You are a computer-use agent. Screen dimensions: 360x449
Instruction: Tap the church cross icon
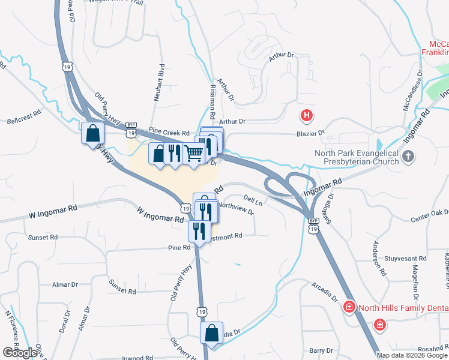(408, 158)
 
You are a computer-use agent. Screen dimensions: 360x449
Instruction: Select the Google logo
(20, 353)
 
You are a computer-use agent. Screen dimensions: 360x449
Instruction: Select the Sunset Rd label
(43, 238)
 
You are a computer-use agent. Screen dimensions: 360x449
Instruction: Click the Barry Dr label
(321, 350)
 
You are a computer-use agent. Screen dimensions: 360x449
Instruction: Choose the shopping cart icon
(193, 154)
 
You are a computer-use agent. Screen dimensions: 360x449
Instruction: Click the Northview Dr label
(236, 206)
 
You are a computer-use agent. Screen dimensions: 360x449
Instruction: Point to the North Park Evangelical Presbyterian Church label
(357, 157)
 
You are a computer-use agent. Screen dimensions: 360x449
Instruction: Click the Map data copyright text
(412, 355)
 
